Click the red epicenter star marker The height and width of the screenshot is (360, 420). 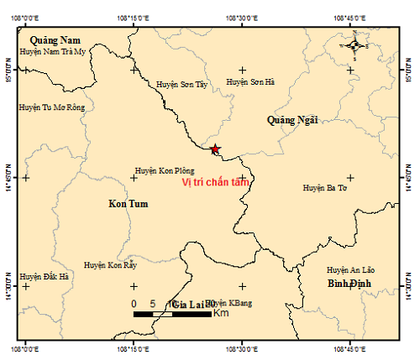pyautogui.click(x=215, y=149)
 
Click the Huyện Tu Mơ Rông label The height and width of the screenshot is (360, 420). pyautogui.click(x=52, y=107)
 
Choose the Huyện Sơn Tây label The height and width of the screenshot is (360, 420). pyautogui.click(x=181, y=84)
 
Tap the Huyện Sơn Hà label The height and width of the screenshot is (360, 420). pyautogui.click(x=250, y=81)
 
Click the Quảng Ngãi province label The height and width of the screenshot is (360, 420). pyautogui.click(x=292, y=120)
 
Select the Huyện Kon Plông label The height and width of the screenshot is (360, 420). pyautogui.click(x=165, y=169)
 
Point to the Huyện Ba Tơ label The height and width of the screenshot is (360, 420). pyautogui.click(x=325, y=188)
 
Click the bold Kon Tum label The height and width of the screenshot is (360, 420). pyautogui.click(x=129, y=204)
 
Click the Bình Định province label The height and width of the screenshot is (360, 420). pyautogui.click(x=351, y=285)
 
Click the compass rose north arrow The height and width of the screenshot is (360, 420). pyautogui.click(x=355, y=46)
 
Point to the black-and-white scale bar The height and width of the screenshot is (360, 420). pyautogui.click(x=172, y=314)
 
